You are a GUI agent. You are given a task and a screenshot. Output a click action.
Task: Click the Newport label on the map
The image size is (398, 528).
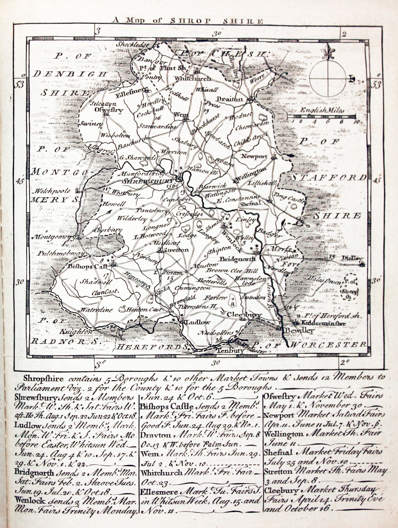click(254, 156)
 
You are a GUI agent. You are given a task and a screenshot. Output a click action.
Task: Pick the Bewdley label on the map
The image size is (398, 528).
click(299, 330)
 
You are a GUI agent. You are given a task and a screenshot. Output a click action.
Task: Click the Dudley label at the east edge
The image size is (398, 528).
click(350, 258)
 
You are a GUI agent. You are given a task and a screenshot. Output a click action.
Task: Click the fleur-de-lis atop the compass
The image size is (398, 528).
click(328, 51)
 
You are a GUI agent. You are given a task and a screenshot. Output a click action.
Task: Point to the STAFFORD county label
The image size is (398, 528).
click(328, 178)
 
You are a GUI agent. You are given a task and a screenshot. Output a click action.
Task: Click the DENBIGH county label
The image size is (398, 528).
click(70, 74)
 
